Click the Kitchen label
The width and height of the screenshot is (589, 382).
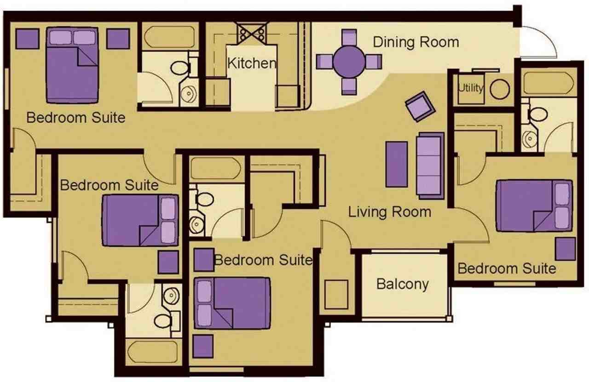pos(252,63)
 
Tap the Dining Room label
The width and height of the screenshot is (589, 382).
pos(416,42)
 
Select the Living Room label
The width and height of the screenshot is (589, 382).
pos(389,212)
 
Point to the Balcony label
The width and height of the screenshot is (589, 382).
pos(403,284)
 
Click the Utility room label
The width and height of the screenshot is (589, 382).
pos(471,88)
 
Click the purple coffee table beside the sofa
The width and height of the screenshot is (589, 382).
pos(397,164)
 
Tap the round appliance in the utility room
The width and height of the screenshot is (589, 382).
pos(500,89)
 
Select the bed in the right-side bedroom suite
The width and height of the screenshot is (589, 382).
pos(534,205)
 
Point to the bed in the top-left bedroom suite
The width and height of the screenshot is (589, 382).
pos(72,65)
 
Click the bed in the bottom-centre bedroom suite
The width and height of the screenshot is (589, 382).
pos(232,303)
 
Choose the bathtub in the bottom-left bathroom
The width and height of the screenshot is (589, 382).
pos(153,352)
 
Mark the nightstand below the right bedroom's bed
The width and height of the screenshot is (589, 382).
pos(566,249)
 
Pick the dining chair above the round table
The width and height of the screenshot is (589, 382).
pos(350,37)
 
